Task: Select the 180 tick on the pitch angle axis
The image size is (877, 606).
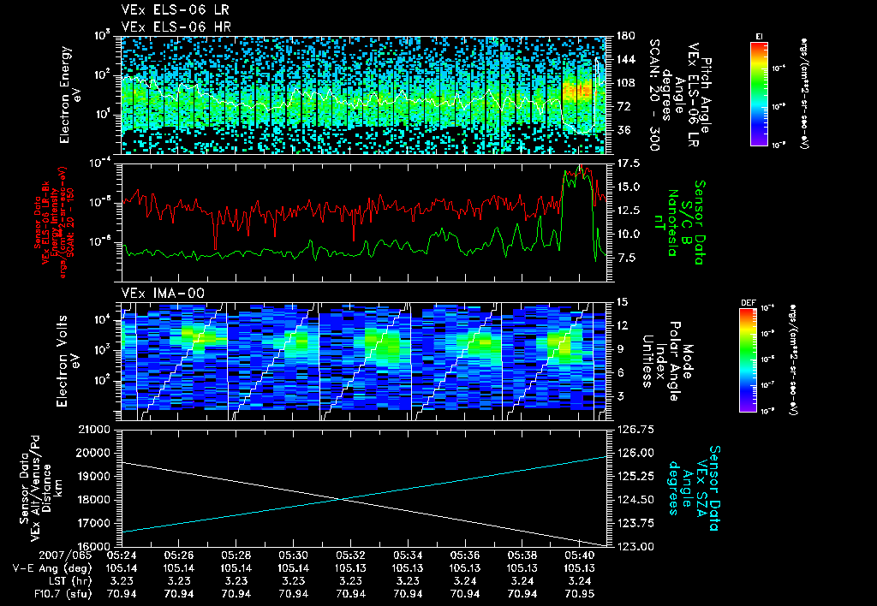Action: [x=624, y=36]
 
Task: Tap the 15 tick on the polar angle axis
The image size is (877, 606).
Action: [x=621, y=301]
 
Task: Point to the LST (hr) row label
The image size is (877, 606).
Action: [x=62, y=580]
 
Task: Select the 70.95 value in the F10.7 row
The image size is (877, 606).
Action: [x=579, y=593]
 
